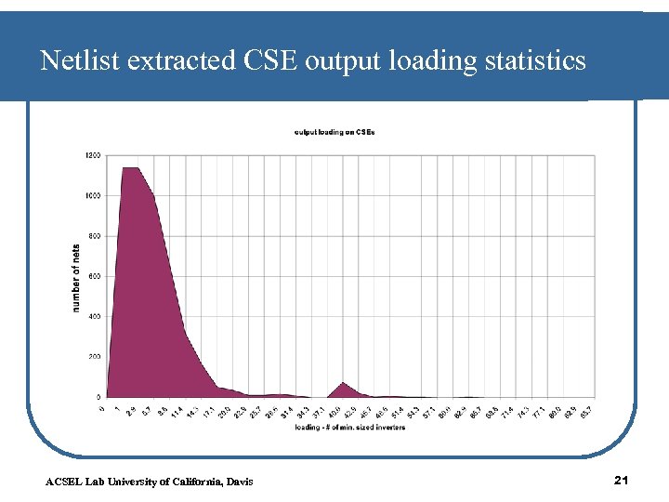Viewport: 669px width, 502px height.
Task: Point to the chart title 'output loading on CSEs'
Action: tap(335, 132)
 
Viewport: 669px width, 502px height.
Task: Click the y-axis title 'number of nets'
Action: tap(76, 277)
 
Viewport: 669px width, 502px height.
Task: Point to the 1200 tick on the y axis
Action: tap(94, 155)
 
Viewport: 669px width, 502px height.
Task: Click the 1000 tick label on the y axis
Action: tap(94, 195)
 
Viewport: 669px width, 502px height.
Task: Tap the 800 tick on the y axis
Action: tap(96, 236)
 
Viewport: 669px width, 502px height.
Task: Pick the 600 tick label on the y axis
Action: tap(96, 276)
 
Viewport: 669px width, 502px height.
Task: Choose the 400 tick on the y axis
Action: tap(96, 316)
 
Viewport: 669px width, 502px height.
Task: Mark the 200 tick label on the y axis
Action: tap(96, 357)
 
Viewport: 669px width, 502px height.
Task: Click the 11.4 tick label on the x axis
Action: tap(177, 410)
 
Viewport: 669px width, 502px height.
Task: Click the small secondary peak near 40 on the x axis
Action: tap(344, 385)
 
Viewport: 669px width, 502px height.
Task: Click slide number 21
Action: tap(623, 480)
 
